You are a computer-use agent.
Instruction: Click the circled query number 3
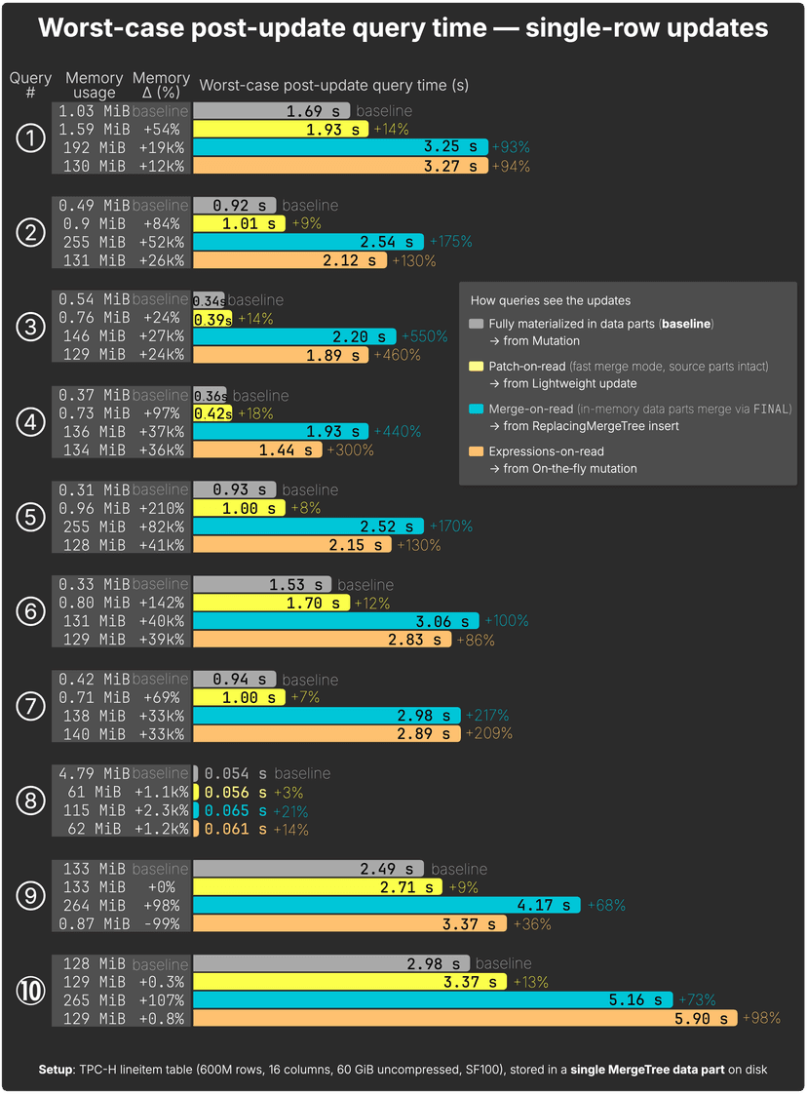click(31, 327)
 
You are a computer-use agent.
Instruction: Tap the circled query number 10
click(31, 991)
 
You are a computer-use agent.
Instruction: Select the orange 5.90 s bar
click(465, 1019)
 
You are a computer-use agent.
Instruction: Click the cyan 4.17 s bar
click(387, 906)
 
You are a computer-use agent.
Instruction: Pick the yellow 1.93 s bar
click(282, 129)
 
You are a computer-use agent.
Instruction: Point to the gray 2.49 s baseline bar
click(308, 868)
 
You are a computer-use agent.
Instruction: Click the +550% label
click(425, 337)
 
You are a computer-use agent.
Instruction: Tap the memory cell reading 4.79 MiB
click(93, 773)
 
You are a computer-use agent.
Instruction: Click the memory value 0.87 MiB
click(93, 924)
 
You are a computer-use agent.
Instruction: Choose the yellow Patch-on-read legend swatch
click(476, 366)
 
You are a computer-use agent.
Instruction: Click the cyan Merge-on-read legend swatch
click(476, 409)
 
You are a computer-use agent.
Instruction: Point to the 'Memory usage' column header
click(94, 85)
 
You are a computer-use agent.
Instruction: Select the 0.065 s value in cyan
click(235, 811)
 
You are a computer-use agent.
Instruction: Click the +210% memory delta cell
click(161, 508)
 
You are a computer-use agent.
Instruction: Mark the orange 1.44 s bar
click(257, 450)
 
